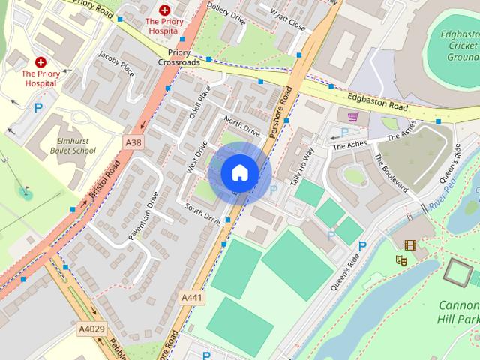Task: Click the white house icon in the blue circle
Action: pos(239,173)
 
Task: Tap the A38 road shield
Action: pos(132,141)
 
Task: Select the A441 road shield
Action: pos(192,298)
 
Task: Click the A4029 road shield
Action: pos(90,328)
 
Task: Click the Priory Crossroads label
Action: pos(178,58)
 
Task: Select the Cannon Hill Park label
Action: pos(457,312)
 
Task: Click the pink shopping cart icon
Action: pos(352,116)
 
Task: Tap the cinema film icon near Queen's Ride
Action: pos(409,244)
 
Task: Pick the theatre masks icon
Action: pos(401,260)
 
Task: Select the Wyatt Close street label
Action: pos(287,22)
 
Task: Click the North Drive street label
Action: pos(241,127)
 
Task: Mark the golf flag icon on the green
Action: pos(26,190)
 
